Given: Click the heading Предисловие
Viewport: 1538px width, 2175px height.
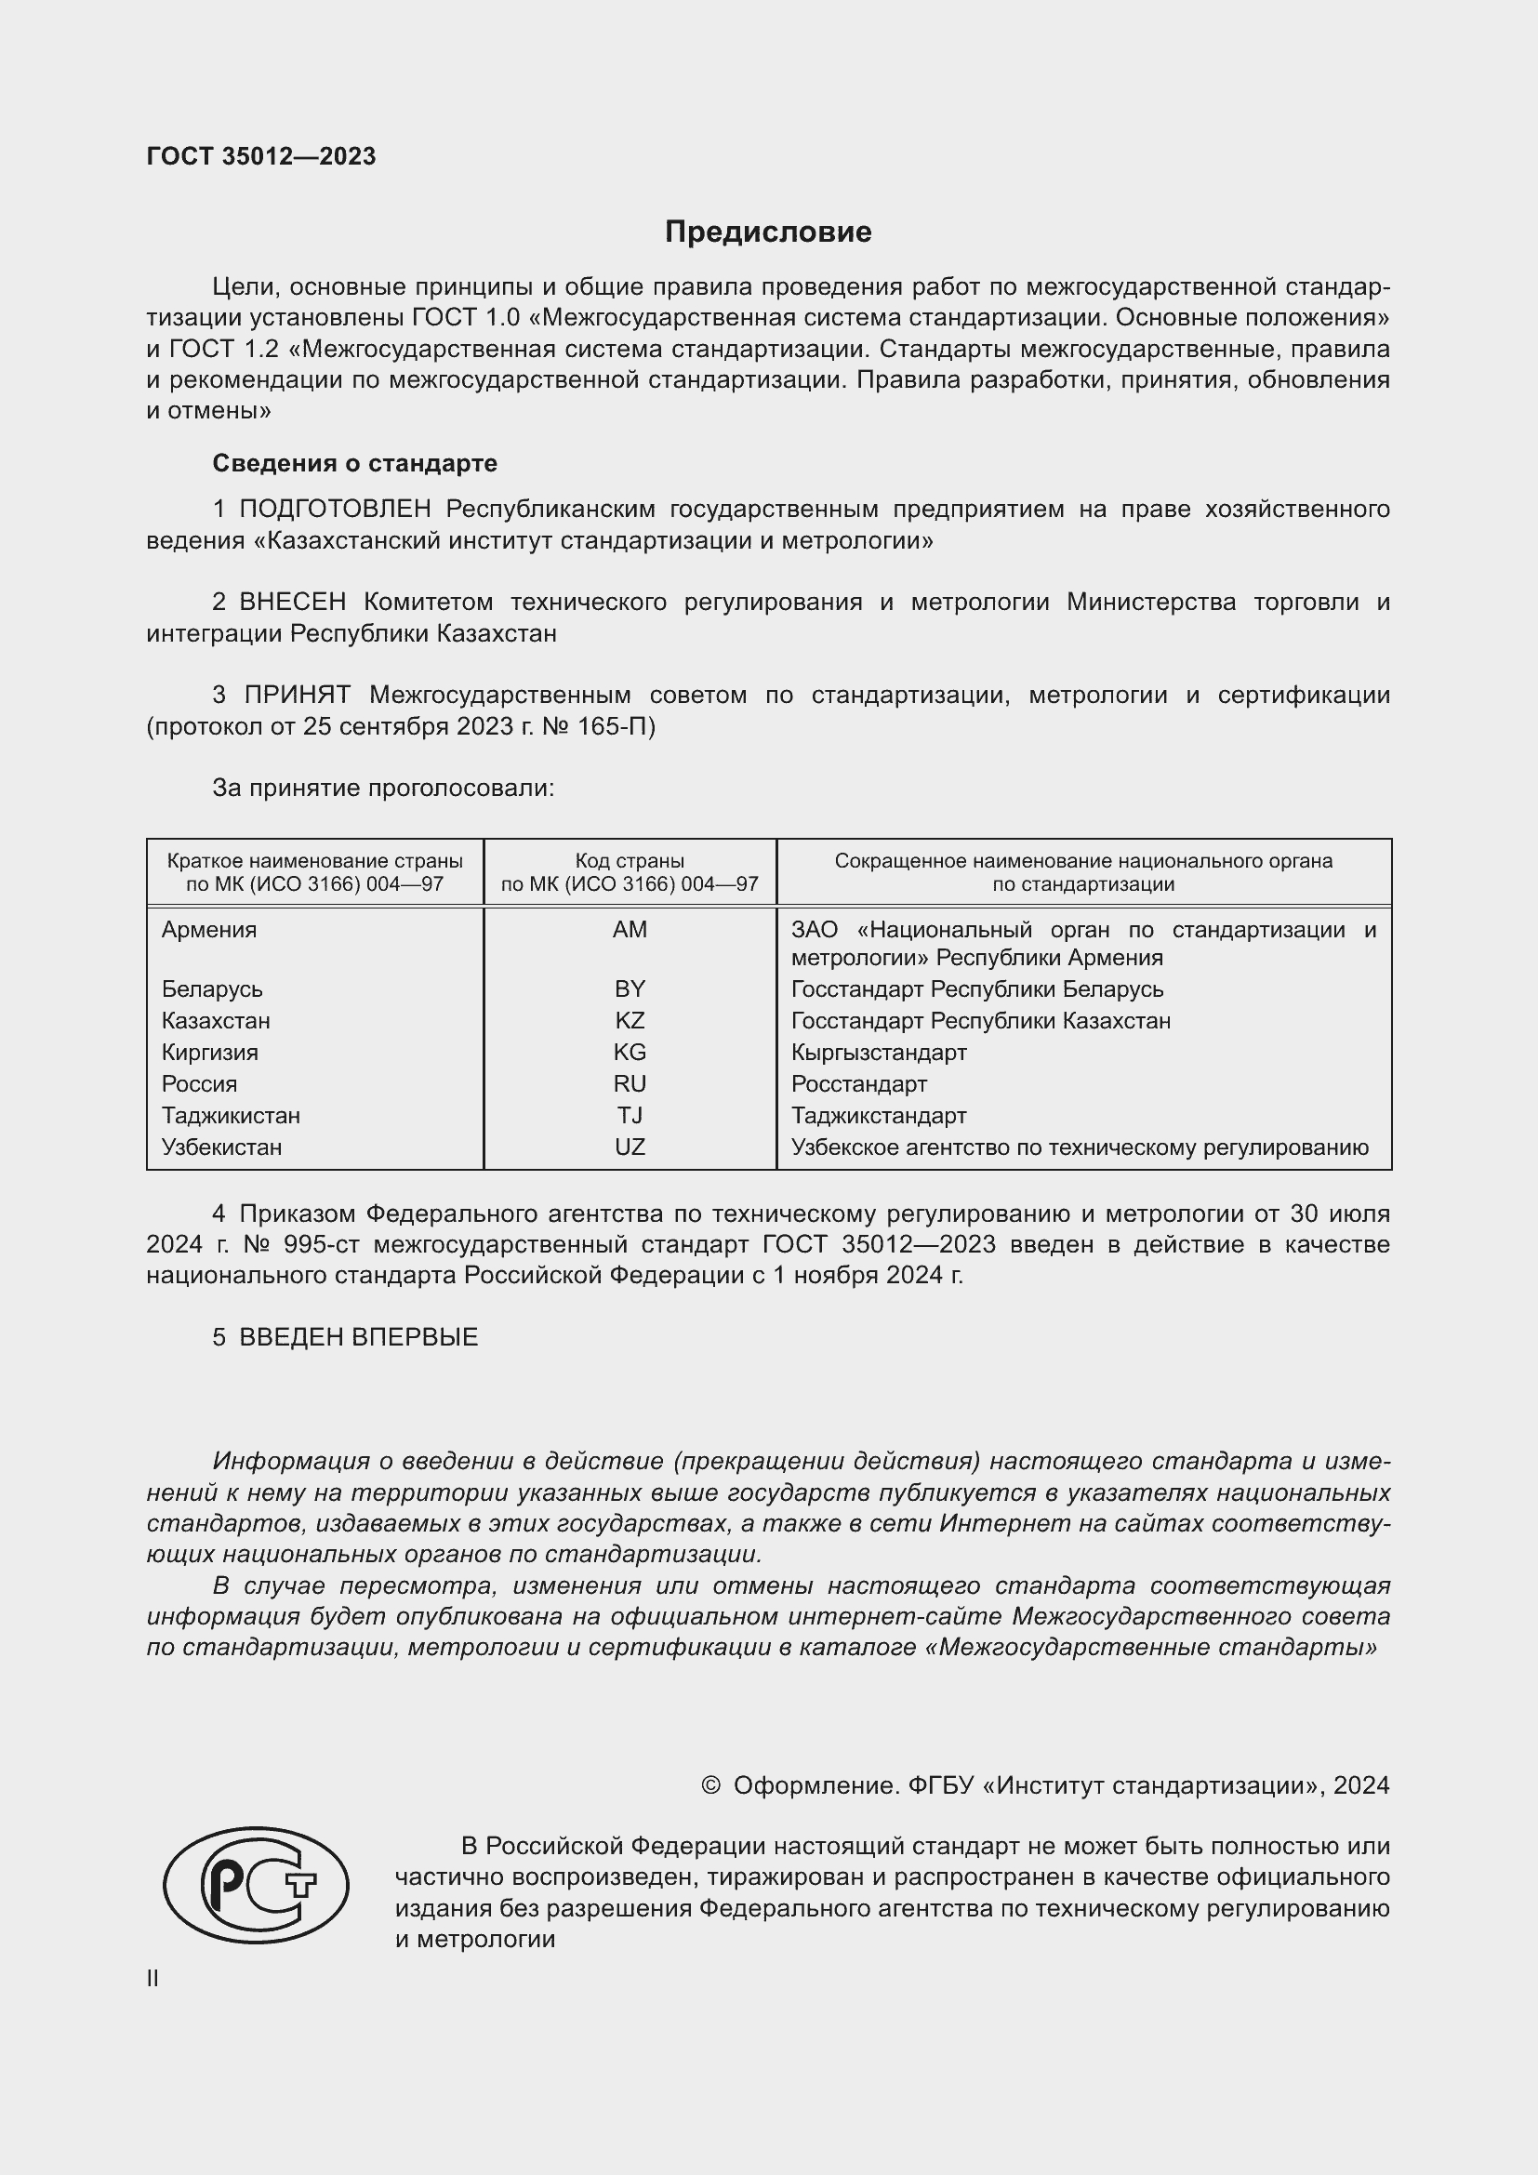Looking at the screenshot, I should (x=767, y=232).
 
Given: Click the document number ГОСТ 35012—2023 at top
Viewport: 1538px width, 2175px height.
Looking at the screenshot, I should (x=261, y=156).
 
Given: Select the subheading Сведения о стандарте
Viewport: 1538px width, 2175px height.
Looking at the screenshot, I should (x=354, y=463).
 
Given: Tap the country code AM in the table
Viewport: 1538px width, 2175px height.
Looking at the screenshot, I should (x=629, y=929).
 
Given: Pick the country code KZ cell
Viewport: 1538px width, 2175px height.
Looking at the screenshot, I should (x=629, y=1020).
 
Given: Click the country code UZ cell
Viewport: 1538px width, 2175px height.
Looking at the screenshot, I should (x=629, y=1147).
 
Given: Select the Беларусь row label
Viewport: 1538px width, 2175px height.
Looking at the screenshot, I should (x=212, y=989).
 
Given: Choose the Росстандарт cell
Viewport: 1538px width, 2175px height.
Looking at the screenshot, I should (x=859, y=1083).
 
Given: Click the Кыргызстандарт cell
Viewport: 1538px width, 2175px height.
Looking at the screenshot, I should (x=879, y=1053).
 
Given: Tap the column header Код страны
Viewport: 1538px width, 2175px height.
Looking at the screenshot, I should (x=629, y=861).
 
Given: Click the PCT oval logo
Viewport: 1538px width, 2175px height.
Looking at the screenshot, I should (x=256, y=1885).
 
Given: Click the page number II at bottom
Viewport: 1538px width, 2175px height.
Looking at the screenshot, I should (x=152, y=1978).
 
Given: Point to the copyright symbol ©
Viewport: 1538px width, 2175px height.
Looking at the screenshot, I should (x=710, y=1785).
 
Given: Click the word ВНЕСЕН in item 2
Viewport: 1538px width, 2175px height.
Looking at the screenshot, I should (x=293, y=603).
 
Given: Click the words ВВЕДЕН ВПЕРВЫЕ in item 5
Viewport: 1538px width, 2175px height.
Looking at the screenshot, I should (x=358, y=1336).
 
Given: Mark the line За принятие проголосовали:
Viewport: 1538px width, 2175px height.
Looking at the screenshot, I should (x=382, y=789).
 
